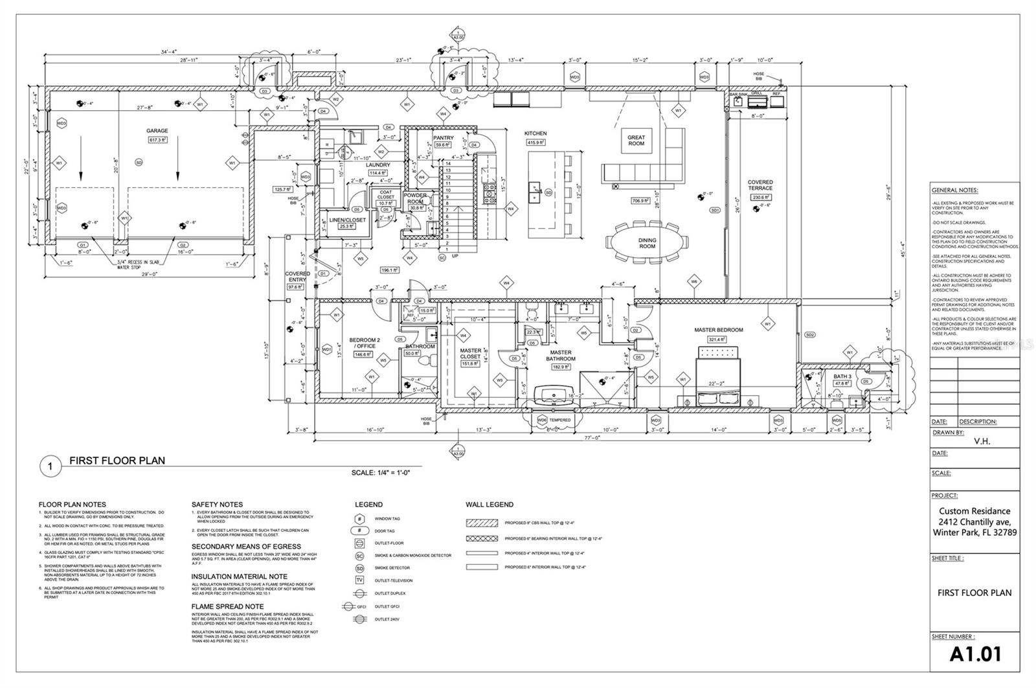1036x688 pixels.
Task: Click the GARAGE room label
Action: click(157, 131)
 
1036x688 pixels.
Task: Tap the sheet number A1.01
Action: click(975, 654)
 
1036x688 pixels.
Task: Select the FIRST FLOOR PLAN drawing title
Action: click(117, 461)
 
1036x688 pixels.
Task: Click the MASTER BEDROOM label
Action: click(718, 330)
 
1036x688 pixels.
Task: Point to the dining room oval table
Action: click(647, 244)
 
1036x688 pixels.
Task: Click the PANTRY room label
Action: click(443, 138)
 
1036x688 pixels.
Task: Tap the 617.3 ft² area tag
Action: click(157, 140)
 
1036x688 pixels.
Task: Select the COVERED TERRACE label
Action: click(760, 185)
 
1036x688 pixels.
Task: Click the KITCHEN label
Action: click(535, 133)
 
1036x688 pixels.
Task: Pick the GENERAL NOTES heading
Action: click(954, 190)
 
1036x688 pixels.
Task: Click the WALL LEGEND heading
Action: click(489, 505)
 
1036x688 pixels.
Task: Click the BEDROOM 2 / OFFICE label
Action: click(363, 343)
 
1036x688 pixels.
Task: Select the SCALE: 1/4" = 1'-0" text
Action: click(381, 473)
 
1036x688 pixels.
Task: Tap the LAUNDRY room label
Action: click(378, 165)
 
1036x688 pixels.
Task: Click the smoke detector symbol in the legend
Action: click(359, 568)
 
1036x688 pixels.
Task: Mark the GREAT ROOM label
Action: click(636, 140)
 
